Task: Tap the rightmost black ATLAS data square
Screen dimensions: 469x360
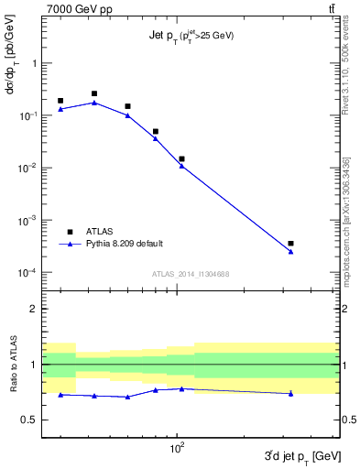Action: tap(290, 244)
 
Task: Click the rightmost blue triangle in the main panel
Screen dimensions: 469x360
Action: tap(290, 251)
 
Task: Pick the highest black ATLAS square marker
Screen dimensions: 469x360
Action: tap(94, 93)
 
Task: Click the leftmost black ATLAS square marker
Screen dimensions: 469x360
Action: tap(60, 101)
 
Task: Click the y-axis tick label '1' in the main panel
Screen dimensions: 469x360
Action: tap(34, 63)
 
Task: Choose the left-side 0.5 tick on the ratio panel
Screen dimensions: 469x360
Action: tap(29, 420)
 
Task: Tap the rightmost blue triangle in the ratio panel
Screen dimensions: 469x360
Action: tap(290, 393)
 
